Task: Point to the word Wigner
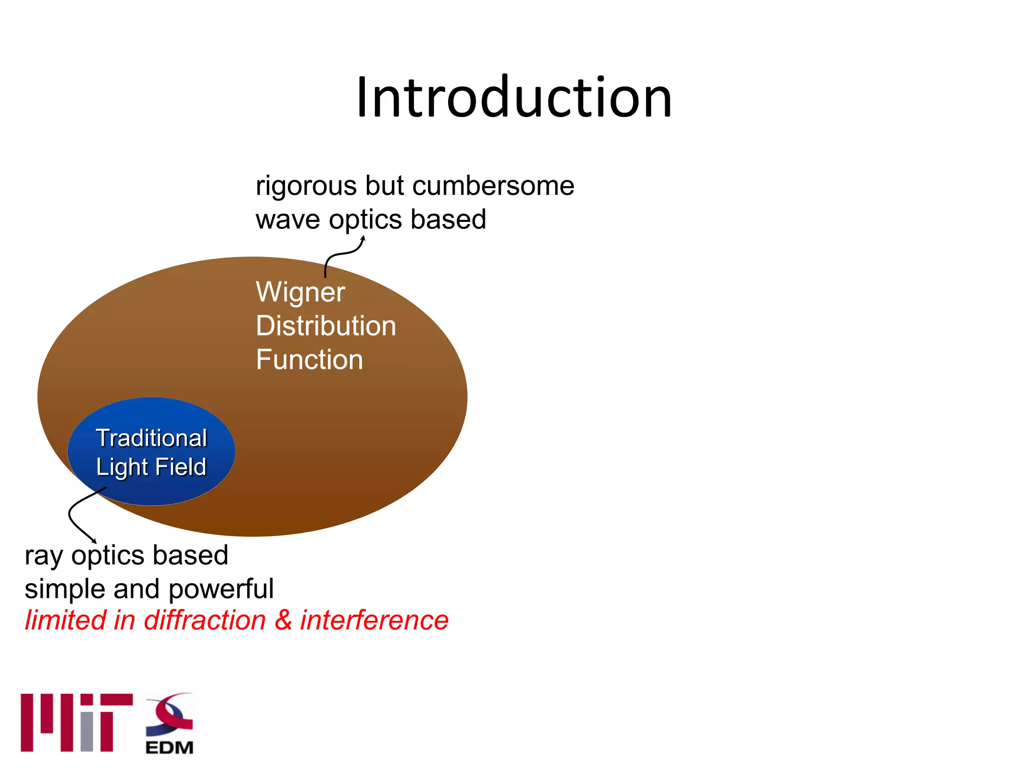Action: click(300, 293)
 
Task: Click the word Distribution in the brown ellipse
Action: click(326, 326)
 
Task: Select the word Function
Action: click(309, 359)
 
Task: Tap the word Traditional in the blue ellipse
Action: click(151, 438)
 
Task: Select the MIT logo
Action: click(76, 722)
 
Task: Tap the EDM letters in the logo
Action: click(169, 747)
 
